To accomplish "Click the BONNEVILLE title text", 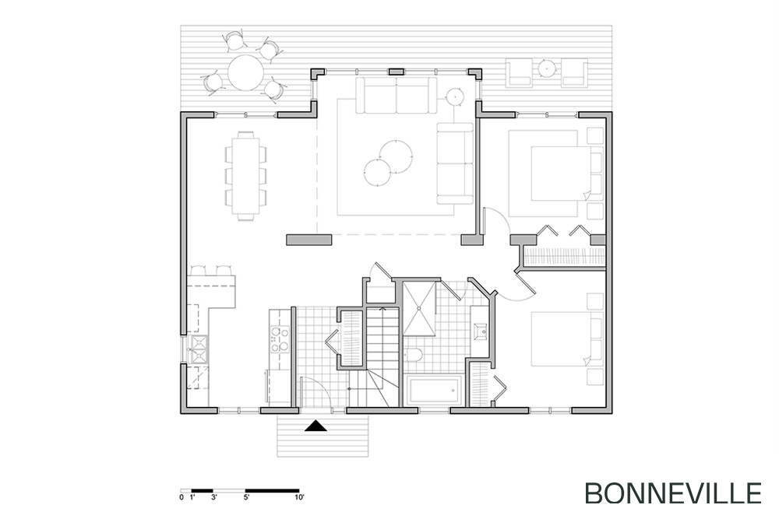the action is (673, 493).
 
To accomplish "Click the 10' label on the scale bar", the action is (299, 496).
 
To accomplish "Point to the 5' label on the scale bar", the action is (246, 496).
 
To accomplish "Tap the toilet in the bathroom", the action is (412, 354).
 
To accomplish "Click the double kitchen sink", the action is (199, 349).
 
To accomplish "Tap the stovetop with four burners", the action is (280, 339).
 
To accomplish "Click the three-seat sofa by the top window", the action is (396, 94).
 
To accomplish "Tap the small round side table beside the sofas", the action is (454, 96).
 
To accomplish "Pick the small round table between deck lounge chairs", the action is (547, 66).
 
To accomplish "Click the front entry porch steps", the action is (323, 437).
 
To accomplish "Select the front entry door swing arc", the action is (320, 385).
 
